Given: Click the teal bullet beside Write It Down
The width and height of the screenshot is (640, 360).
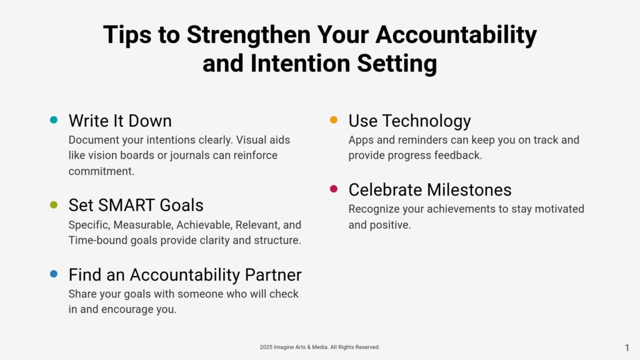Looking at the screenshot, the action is click(x=54, y=119).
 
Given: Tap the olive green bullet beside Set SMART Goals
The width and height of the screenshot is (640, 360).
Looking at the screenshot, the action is click(x=54, y=204).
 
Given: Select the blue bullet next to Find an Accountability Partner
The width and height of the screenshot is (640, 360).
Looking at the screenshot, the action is click(x=54, y=274).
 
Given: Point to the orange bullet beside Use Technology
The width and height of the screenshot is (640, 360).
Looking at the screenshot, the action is click(x=334, y=119).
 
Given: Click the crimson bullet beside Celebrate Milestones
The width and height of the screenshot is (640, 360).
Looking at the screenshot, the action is click(x=334, y=189).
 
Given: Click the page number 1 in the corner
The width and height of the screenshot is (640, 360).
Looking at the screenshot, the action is click(x=627, y=347).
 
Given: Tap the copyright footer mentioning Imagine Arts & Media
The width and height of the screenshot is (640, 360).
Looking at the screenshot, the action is click(x=319, y=347).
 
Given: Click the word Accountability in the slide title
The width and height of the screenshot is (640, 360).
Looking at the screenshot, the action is click(x=456, y=35).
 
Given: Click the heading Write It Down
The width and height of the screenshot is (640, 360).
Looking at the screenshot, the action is click(x=120, y=121).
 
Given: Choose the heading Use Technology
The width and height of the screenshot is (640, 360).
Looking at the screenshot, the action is click(x=409, y=121).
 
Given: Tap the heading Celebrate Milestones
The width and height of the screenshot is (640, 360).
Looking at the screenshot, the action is click(x=430, y=190).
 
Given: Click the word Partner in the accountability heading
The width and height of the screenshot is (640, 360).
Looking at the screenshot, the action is click(x=273, y=275).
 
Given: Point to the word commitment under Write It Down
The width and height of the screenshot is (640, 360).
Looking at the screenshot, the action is click(x=101, y=171).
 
